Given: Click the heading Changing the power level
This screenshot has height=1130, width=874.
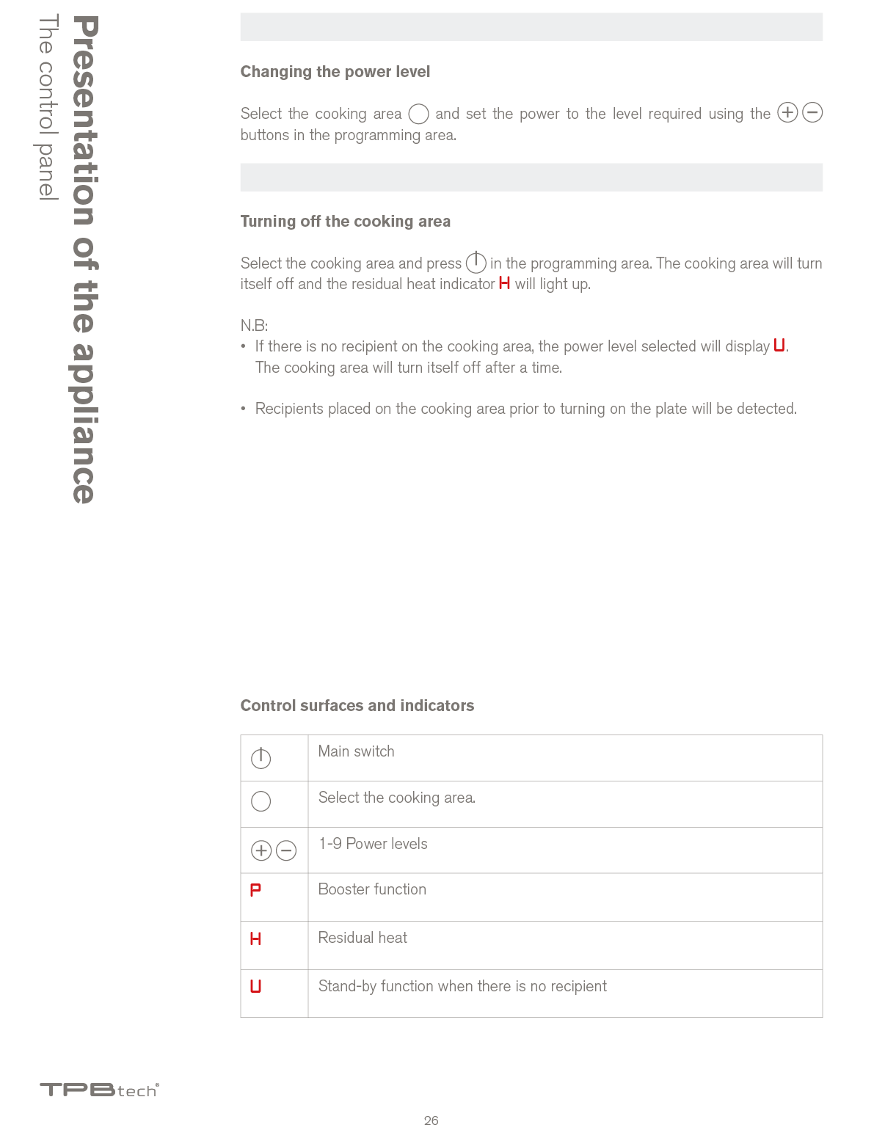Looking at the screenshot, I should tap(335, 72).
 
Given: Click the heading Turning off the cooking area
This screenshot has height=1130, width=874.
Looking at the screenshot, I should tap(345, 222).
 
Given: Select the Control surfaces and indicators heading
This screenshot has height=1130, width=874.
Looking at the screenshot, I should tap(357, 706).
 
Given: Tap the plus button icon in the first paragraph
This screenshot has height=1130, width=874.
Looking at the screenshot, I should tap(787, 113).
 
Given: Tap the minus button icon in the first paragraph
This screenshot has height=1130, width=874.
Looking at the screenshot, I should tap(812, 113).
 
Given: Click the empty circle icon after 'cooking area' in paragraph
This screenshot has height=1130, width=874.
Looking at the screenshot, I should tap(418, 114).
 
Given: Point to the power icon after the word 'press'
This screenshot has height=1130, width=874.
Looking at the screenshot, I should tap(476, 262).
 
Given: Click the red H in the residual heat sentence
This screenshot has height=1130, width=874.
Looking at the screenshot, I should tap(504, 283).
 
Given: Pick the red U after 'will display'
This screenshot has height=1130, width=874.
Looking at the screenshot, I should tap(779, 346).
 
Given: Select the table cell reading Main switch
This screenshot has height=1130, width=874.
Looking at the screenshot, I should tap(356, 751).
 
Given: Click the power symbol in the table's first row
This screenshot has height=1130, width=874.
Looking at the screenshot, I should tap(261, 758).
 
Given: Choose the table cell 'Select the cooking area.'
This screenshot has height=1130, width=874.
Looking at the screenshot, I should tap(396, 798).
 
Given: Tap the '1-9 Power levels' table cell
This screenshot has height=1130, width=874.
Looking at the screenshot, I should tap(373, 844).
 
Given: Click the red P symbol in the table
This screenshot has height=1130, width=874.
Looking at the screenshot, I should tap(255, 890).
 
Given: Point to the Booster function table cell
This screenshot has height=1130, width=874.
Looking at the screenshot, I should tap(372, 889).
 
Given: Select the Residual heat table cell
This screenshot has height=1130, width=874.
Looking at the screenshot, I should tap(363, 938).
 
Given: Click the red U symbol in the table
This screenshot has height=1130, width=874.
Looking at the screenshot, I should tap(255, 986).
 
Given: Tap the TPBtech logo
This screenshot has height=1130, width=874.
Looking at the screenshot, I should tap(99, 1090).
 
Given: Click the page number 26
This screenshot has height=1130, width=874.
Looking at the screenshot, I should tap(431, 1120).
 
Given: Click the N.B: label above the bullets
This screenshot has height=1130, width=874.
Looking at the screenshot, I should tap(254, 326).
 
